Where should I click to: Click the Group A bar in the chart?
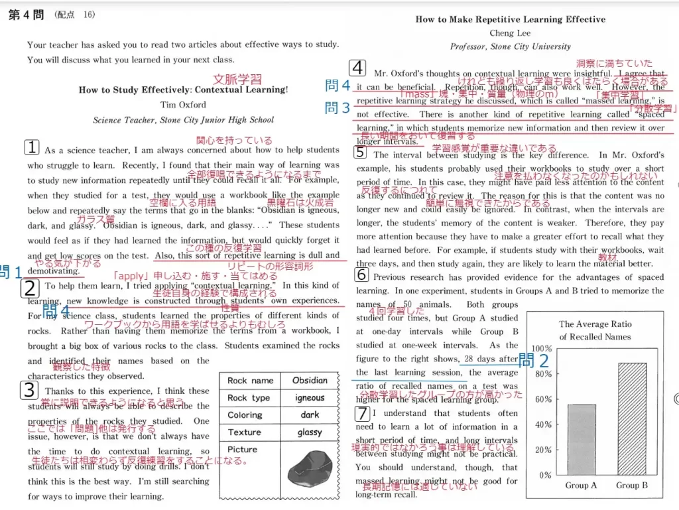(x=582, y=439)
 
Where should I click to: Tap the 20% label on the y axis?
(x=544, y=450)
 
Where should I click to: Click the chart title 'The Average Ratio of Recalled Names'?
(x=595, y=330)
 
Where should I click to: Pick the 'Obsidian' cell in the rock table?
(x=310, y=381)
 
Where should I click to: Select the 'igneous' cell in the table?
(x=310, y=398)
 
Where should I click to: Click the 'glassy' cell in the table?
(x=310, y=432)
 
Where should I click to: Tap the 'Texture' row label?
(x=244, y=432)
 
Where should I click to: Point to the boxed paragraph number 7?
(x=361, y=414)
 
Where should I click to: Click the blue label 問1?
(x=11, y=271)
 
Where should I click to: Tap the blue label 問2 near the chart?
(x=534, y=361)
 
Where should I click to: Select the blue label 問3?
(x=338, y=107)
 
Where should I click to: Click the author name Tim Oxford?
(x=183, y=105)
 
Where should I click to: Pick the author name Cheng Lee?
(x=510, y=33)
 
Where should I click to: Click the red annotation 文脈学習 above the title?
(x=237, y=79)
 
